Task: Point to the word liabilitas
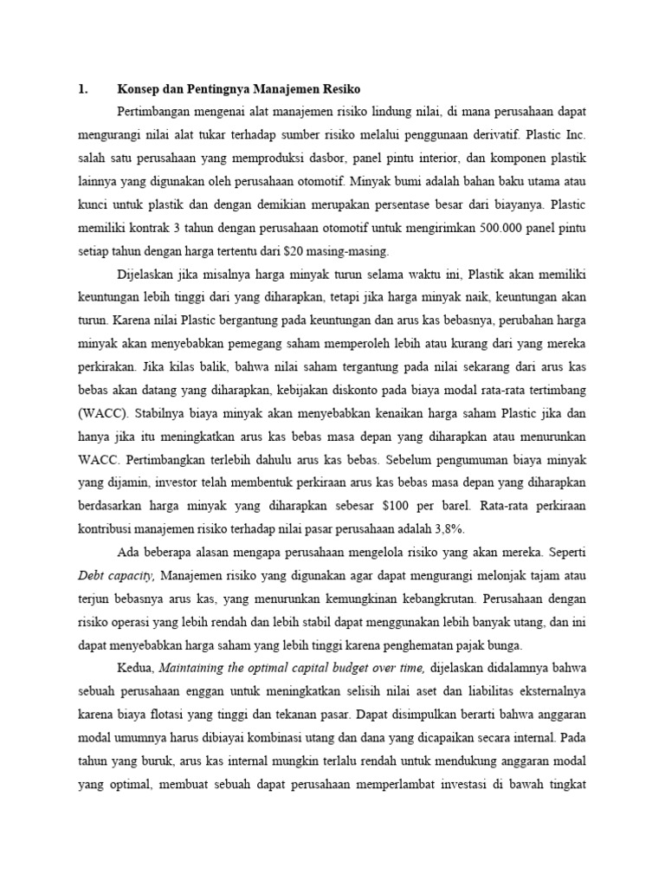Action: coord(464,692)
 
